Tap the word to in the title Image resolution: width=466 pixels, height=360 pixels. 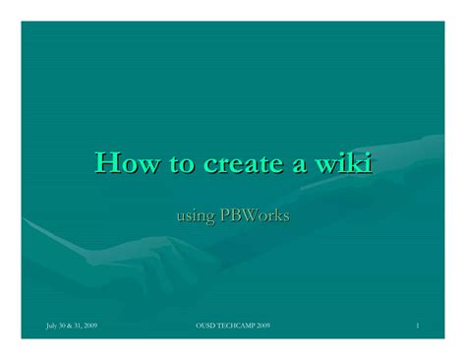pyautogui.click(x=183, y=163)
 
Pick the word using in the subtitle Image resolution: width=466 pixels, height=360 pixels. pyautogui.click(x=193, y=215)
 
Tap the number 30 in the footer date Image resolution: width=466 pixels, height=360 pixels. pyautogui.click(x=66, y=326)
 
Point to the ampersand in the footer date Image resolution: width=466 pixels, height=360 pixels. pyautogui.click(x=74, y=326)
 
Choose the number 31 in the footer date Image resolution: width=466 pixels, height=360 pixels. pyautogui.click(x=82, y=326)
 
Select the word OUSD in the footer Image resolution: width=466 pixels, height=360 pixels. pyautogui.click(x=206, y=326)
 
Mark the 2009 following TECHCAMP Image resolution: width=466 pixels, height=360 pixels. pyautogui.click(x=263, y=326)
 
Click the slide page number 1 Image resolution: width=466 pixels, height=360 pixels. pyautogui.click(x=418, y=326)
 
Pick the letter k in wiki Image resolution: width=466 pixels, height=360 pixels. pyautogui.click(x=357, y=162)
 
